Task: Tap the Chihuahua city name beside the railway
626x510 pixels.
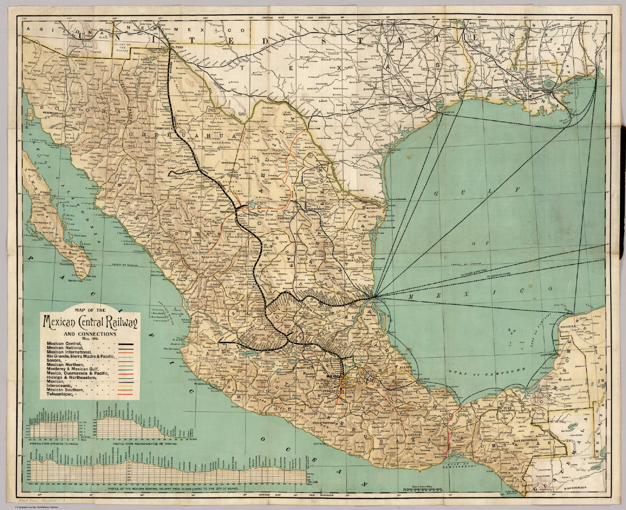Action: click(x=163, y=127)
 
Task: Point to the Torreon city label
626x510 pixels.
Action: click(x=227, y=212)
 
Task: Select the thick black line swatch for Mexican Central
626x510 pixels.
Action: click(x=127, y=344)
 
